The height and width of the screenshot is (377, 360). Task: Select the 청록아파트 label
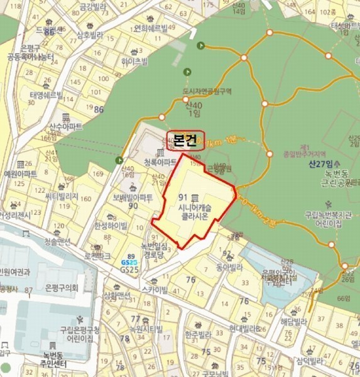pyautogui.click(x=160, y=161)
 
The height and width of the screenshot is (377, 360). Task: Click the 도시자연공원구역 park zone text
pyautogui.click(x=207, y=92)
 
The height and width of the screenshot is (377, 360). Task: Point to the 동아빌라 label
pyautogui.click(x=229, y=266)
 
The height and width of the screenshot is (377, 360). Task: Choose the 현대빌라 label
pyautogui.click(x=244, y=328)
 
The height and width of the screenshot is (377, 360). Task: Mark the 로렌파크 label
pyautogui.click(x=97, y=256)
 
